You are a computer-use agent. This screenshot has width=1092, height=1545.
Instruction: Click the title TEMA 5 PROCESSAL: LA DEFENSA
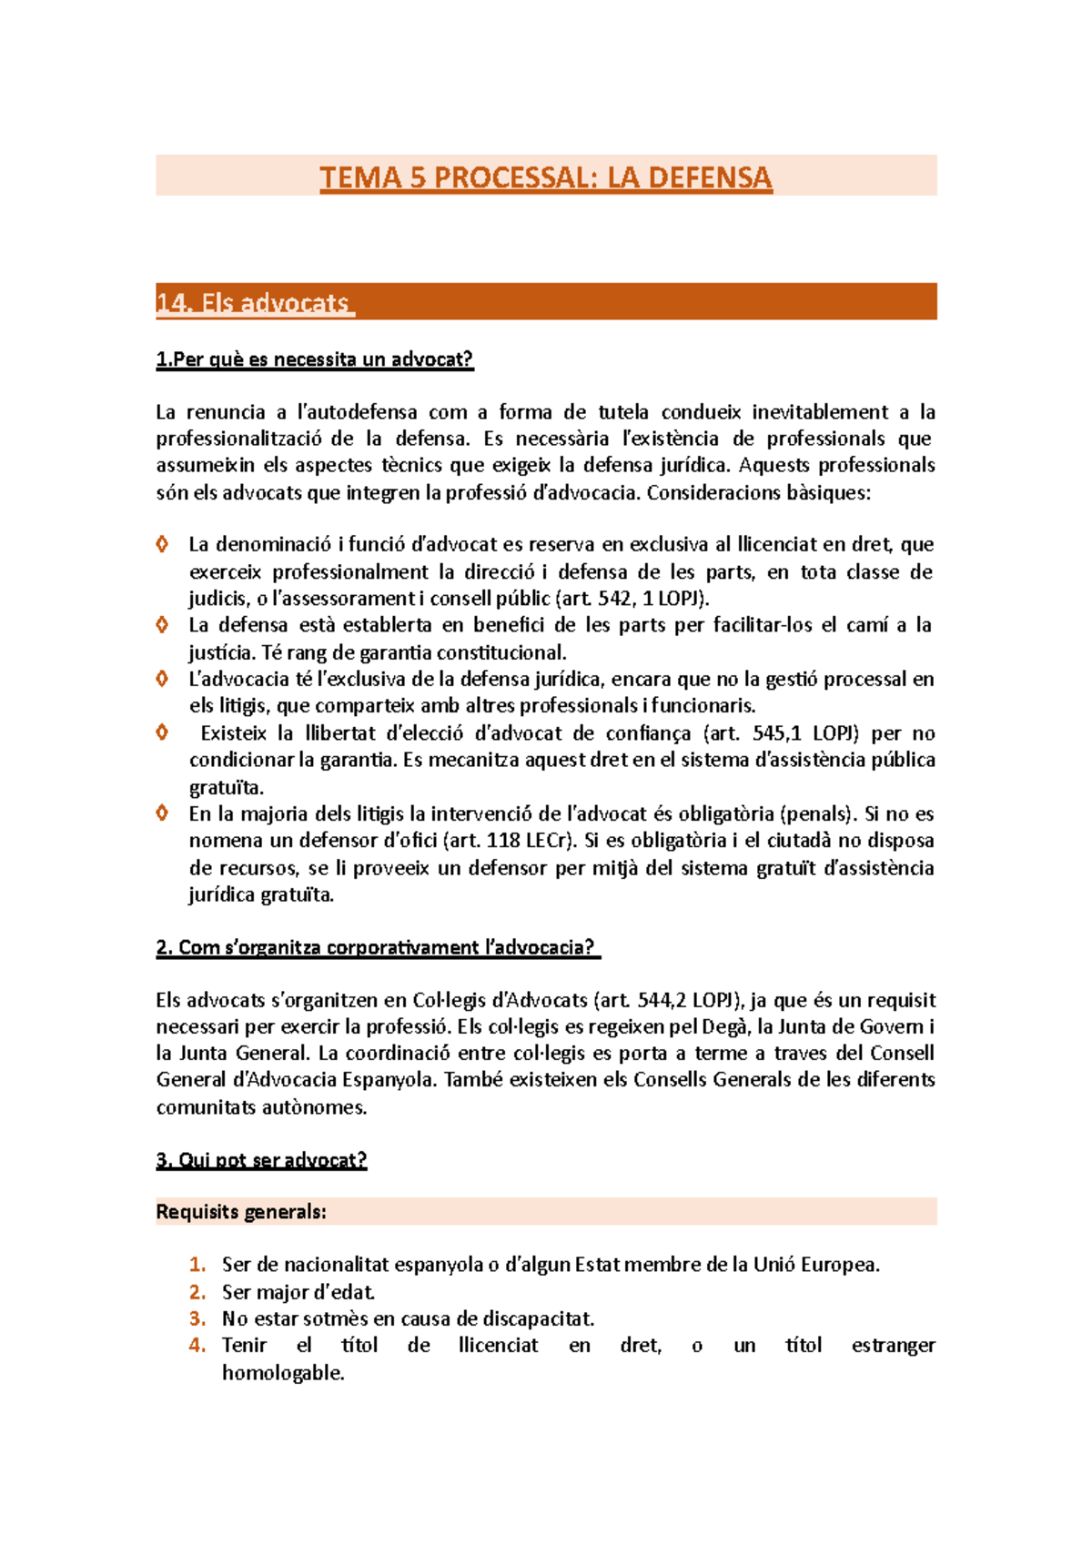pyautogui.click(x=546, y=177)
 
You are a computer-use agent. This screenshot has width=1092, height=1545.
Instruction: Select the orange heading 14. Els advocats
pyautogui.click(x=254, y=303)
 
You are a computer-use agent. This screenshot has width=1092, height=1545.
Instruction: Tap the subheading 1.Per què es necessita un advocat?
pyautogui.click(x=315, y=359)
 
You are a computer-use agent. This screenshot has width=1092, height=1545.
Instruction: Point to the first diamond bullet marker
pyautogui.click(x=162, y=544)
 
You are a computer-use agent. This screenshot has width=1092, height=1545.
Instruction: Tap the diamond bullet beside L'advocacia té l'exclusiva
pyautogui.click(x=162, y=679)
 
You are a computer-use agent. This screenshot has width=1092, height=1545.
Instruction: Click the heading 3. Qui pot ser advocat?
pyautogui.click(x=261, y=1160)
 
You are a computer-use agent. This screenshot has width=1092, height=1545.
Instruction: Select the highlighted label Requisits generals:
pyautogui.click(x=240, y=1212)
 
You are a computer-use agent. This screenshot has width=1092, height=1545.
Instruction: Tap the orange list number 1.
pyautogui.click(x=197, y=1265)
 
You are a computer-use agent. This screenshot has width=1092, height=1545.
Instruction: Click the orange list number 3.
pyautogui.click(x=197, y=1318)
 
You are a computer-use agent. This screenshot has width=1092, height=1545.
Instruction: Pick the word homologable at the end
pyautogui.click(x=282, y=1373)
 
